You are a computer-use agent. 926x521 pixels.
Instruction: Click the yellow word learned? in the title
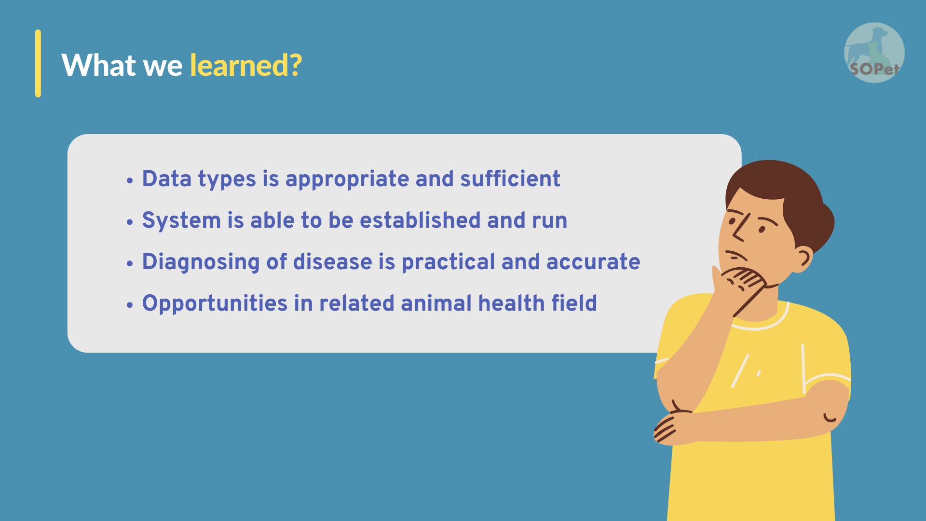(x=246, y=66)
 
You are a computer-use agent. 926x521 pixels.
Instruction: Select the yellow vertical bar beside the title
(x=38, y=63)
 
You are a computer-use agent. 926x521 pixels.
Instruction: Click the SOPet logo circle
(x=874, y=53)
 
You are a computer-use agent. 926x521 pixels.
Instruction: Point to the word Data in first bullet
(x=167, y=179)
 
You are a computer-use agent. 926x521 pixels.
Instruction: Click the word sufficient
(x=510, y=178)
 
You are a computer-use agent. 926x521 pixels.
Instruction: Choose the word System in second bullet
(x=181, y=221)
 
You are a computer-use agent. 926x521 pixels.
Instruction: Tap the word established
(x=420, y=220)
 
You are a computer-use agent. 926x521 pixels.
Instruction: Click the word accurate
(x=593, y=262)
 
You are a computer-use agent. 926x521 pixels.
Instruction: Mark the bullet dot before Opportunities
(x=129, y=305)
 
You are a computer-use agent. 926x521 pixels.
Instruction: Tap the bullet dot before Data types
(x=129, y=180)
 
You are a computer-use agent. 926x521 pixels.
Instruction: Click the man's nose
(x=738, y=230)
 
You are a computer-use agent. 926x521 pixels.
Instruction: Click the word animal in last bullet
(x=436, y=303)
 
